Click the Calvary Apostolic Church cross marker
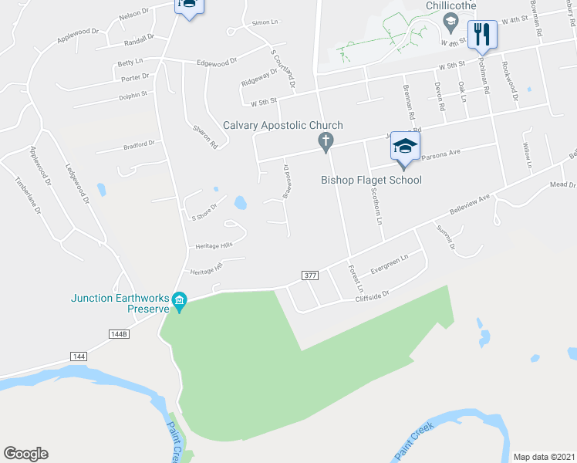click(x=326, y=140)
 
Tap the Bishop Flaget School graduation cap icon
click(x=403, y=145)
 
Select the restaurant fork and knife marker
click(x=482, y=33)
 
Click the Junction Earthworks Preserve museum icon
click(x=180, y=299)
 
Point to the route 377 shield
click(x=309, y=275)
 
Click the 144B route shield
click(x=117, y=334)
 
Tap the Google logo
click(x=25, y=454)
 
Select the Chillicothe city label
click(x=450, y=6)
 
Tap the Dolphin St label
click(x=133, y=94)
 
